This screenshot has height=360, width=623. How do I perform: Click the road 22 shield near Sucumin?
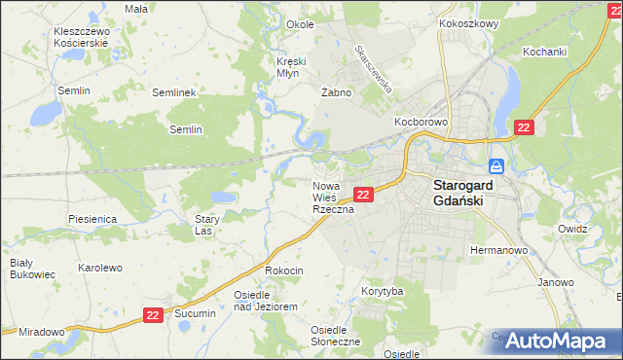tap(152, 315)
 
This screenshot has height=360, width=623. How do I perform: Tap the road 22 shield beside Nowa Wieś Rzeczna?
tap(362, 195)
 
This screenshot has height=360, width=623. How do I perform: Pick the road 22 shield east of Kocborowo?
tap(524, 127)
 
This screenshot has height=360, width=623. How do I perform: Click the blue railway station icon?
tap(495, 165)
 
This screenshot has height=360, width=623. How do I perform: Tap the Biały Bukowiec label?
tap(21, 269)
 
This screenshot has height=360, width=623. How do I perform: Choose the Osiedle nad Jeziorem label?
tap(264, 300)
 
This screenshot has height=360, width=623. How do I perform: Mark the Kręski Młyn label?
tap(291, 68)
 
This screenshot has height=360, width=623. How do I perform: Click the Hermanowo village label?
tap(498, 250)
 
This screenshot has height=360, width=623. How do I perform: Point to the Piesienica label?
tap(93, 219)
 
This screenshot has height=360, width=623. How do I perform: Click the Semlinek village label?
tap(175, 92)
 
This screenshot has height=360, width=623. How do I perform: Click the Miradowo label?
tap(41, 332)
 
